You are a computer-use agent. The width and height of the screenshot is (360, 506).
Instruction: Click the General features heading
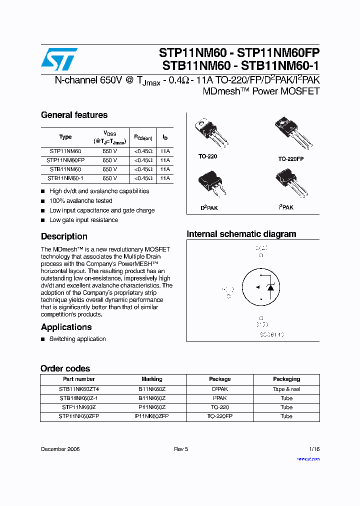click(x=74, y=115)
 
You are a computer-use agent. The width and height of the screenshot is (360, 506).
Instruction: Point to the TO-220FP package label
click(x=291, y=158)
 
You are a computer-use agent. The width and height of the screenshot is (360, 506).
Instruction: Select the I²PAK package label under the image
click(x=286, y=207)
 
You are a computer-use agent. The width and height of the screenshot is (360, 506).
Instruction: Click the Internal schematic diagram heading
click(x=241, y=234)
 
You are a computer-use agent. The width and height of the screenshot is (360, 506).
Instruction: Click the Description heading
click(x=64, y=236)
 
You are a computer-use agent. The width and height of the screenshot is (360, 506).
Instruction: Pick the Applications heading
click(x=66, y=327)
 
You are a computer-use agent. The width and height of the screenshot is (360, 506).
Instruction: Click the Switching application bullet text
click(x=77, y=339)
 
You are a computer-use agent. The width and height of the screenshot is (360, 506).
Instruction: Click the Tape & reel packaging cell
click(x=286, y=389)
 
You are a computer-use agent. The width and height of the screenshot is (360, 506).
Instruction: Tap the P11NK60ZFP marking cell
click(x=152, y=416)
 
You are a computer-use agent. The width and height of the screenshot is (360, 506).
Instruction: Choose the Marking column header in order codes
click(x=152, y=379)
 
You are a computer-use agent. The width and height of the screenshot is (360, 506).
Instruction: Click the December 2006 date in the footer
click(x=60, y=449)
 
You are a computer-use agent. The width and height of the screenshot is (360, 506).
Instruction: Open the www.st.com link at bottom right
click(x=308, y=458)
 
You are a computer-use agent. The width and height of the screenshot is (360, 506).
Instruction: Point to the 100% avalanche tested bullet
click(x=80, y=201)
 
